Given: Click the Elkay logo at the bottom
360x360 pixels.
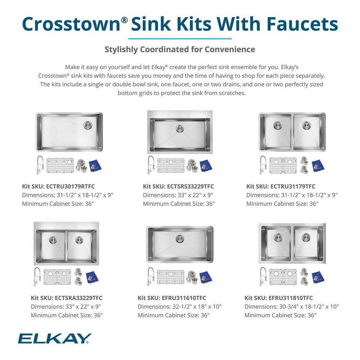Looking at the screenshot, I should pos(55,338).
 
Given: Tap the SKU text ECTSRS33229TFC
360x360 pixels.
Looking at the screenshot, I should pos(190,186).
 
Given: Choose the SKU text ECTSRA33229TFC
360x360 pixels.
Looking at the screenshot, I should pos(78,298).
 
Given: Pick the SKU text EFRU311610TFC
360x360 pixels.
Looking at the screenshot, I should pos(184,298).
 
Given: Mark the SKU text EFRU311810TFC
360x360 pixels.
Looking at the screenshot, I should pos(290,298).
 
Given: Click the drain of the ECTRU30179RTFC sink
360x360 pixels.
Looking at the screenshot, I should pos(88,125).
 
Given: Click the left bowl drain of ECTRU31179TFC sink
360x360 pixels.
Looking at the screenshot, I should pos(278,125).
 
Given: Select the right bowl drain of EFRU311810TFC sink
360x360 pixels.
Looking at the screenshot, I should pos(306,237).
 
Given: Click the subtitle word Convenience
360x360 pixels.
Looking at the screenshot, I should pos(230,49).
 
